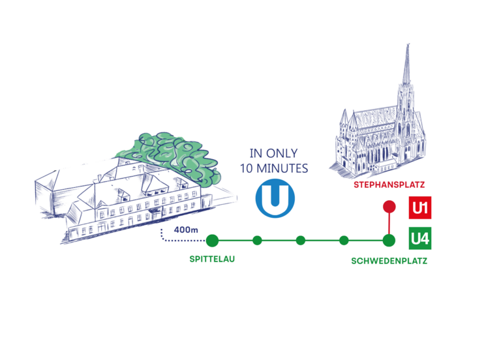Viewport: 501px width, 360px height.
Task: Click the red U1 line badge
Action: (x=419, y=209)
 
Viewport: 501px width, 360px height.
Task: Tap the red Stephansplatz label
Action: (x=384, y=185)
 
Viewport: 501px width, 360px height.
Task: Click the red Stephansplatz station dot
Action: (x=389, y=208)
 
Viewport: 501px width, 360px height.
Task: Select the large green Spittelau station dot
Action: (x=211, y=241)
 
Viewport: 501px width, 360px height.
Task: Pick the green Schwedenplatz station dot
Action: (x=389, y=241)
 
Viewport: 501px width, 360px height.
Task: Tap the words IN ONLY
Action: (x=274, y=155)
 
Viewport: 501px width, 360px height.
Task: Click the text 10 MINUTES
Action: (x=274, y=168)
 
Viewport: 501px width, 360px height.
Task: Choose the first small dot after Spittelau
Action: (x=257, y=241)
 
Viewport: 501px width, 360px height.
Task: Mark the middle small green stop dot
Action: (x=301, y=241)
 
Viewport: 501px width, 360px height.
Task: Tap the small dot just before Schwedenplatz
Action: (x=344, y=241)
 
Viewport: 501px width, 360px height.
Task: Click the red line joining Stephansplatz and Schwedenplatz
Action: (x=389, y=224)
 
